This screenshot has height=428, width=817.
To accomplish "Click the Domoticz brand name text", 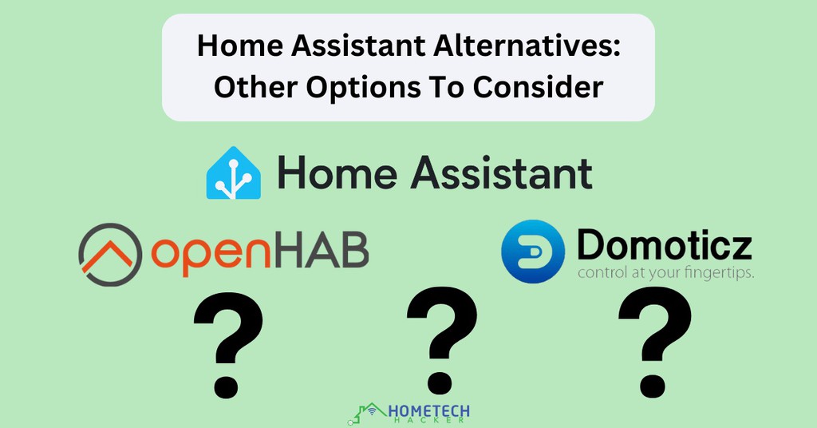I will click(664, 244).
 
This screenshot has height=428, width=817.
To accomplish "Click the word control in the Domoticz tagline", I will click(599, 273).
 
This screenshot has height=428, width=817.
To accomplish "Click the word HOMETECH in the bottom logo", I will click(428, 410).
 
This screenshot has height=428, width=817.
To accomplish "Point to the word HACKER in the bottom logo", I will click(428, 421).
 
